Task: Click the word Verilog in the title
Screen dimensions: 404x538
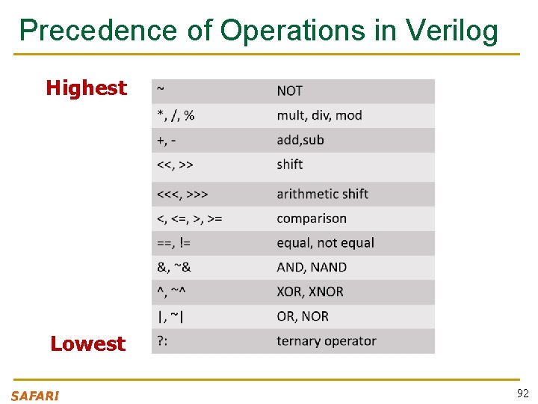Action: pyautogui.click(x=452, y=30)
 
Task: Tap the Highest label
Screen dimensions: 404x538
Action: pyautogui.click(x=86, y=88)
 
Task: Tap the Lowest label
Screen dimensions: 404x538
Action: pyautogui.click(x=87, y=344)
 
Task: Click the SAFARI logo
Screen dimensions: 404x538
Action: pyautogui.click(x=35, y=396)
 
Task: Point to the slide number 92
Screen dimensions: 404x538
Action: pyautogui.click(x=522, y=394)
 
